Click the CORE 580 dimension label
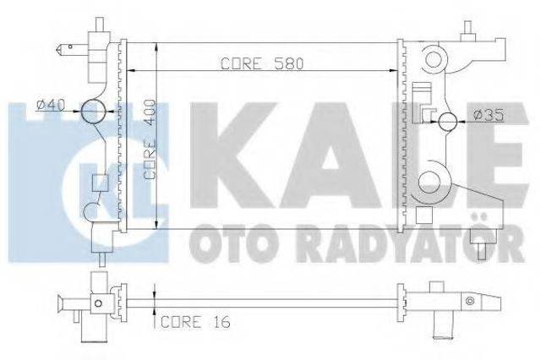point(262,63)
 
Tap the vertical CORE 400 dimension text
point(150,139)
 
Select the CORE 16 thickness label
point(195,322)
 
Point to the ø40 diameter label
point(51,105)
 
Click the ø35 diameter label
point(489,115)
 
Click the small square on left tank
point(101,183)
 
